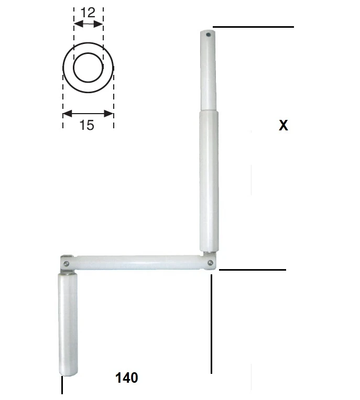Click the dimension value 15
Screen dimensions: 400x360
pos(87,125)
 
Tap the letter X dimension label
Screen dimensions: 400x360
pos(283,126)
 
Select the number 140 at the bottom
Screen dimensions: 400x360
pos(127,377)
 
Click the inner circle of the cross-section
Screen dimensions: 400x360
pos(88,68)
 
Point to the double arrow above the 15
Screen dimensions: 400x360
pos(88,113)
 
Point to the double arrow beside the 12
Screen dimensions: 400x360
pos(89,24)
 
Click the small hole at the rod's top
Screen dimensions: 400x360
pos(208,36)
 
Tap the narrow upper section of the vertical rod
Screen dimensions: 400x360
pos(208,73)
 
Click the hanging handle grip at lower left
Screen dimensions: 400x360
pos(67,325)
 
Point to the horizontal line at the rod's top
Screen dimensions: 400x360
pos(253,27)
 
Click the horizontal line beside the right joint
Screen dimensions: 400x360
pos(253,270)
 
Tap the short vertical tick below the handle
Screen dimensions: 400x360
pos(62,385)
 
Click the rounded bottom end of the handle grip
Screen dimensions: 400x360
pos(68,371)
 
